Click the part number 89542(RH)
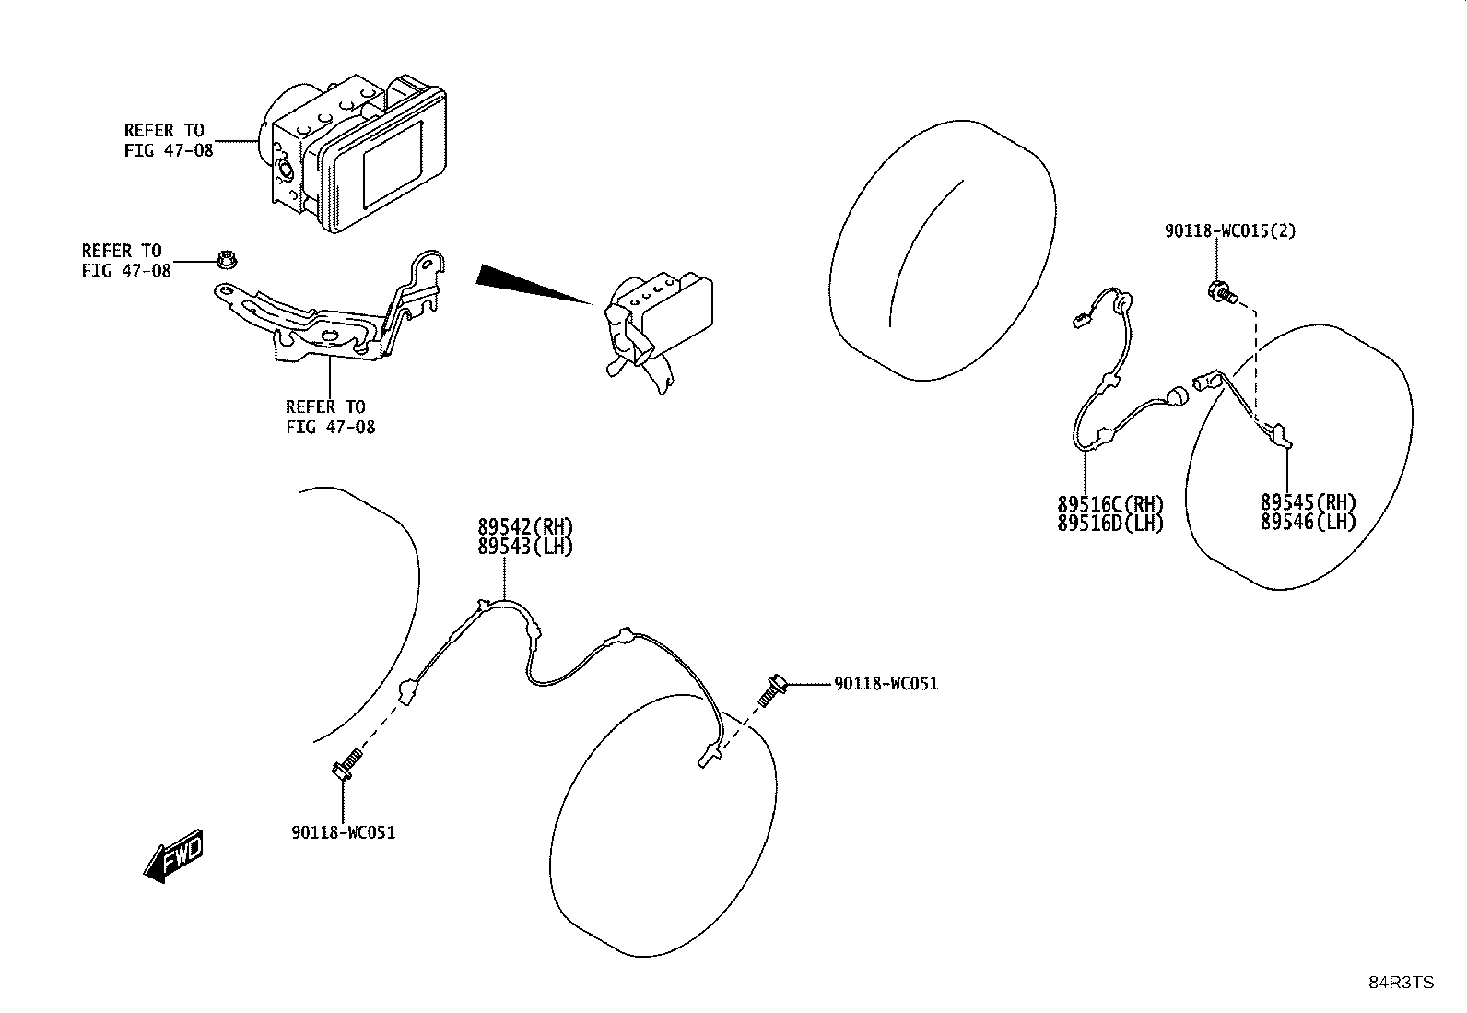[x=525, y=527]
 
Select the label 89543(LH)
[x=525, y=547]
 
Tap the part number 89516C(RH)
[x=1110, y=504]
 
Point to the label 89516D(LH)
[x=1110, y=524]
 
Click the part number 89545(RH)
[x=1309, y=502]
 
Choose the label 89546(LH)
[x=1309, y=523]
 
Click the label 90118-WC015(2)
[x=1230, y=231]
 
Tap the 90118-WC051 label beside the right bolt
[x=886, y=684]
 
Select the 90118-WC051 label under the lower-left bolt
[x=343, y=833]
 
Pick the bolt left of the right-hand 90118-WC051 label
[x=773, y=690]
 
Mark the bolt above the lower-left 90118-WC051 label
[x=346, y=764]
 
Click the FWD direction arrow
[x=173, y=856]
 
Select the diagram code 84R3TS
[x=1401, y=983]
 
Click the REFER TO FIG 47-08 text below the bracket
[x=331, y=418]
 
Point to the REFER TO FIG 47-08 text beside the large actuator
[x=169, y=140]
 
